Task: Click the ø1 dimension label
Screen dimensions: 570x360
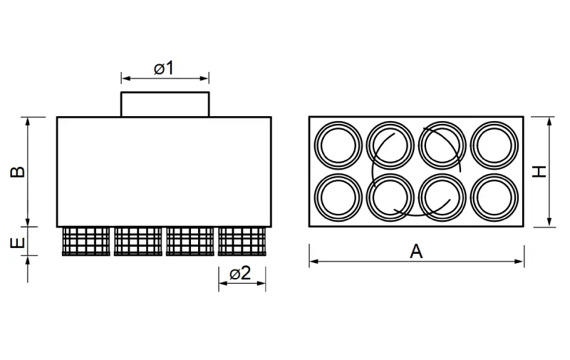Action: pyautogui.click(x=164, y=68)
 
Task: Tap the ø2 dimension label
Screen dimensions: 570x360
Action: pyautogui.click(x=240, y=273)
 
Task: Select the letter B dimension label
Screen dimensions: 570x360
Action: pyautogui.click(x=17, y=172)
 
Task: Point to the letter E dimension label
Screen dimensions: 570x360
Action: pyautogui.click(x=17, y=242)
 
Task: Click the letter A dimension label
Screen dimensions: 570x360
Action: pyautogui.click(x=416, y=251)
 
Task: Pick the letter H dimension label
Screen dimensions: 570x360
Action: pyautogui.click(x=539, y=171)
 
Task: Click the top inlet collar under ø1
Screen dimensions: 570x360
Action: pyautogui.click(x=165, y=104)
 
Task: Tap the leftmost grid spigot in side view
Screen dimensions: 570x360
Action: pyautogui.click(x=86, y=241)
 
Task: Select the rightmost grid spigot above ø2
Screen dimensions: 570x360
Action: pyautogui.click(x=242, y=241)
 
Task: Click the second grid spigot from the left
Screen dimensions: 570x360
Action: pyautogui.click(x=138, y=241)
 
